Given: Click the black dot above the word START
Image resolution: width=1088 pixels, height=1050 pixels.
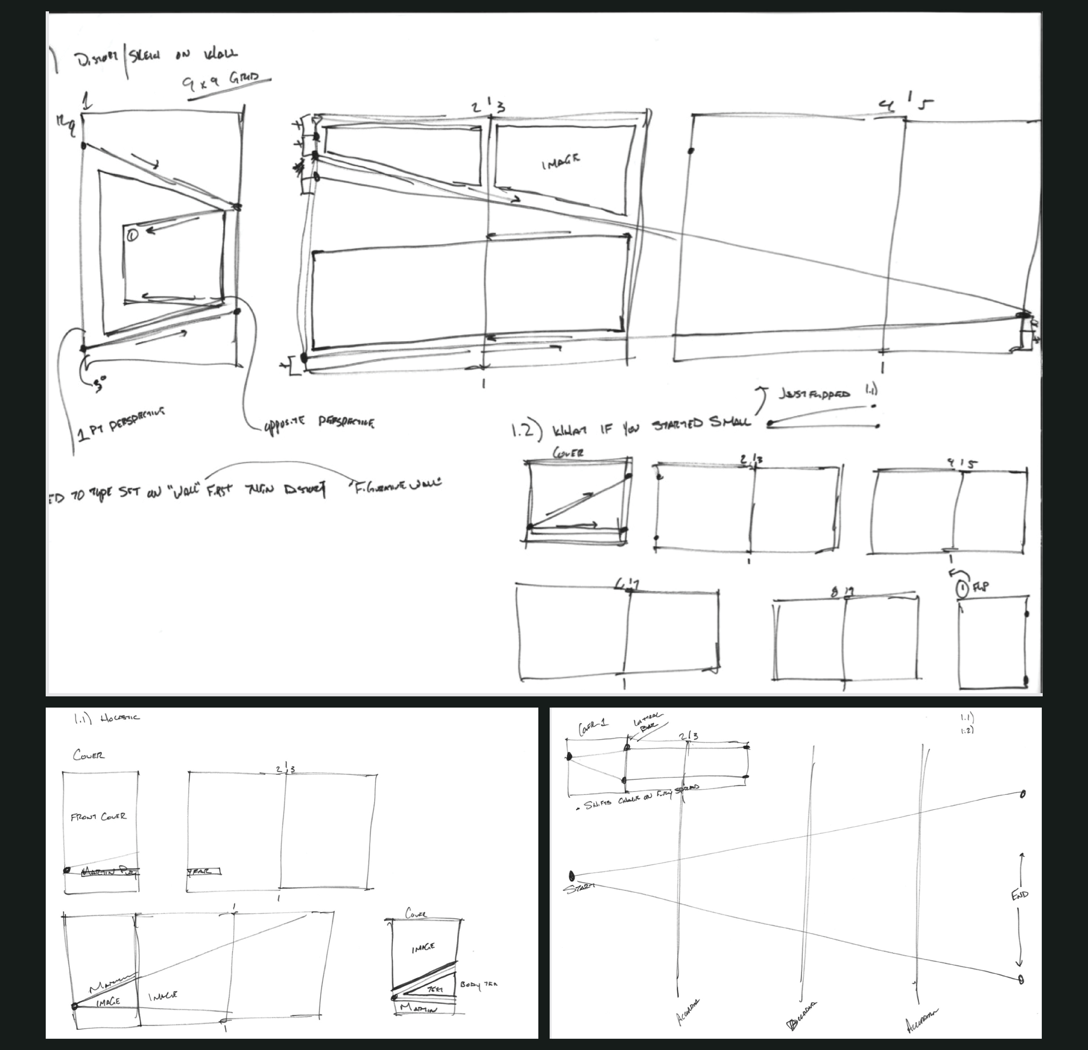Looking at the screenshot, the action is [x=572, y=876].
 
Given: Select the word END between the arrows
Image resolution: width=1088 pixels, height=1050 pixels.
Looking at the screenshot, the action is [x=1020, y=895].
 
